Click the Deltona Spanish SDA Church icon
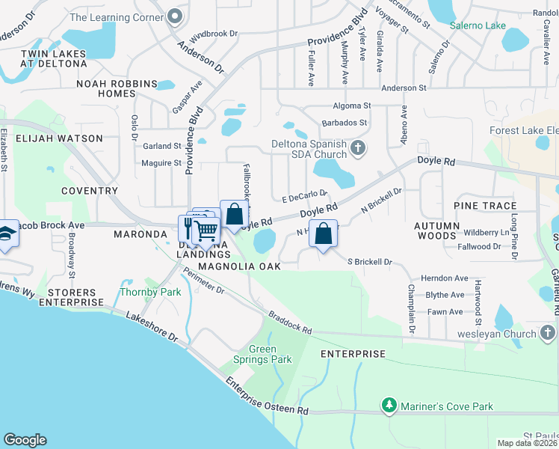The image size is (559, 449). click(358, 147)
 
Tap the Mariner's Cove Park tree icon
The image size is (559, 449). click(389, 406)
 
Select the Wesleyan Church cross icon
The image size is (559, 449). click(547, 332)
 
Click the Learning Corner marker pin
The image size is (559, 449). click(175, 16)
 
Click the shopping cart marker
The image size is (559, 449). click(206, 231)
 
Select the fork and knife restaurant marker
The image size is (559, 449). click(187, 226)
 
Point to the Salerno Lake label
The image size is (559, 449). click(478, 25)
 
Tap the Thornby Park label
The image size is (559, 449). click(150, 292)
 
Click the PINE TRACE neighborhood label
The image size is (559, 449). click(484, 206)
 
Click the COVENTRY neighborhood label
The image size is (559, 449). click(90, 191)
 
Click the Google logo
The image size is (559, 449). click(25, 440)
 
